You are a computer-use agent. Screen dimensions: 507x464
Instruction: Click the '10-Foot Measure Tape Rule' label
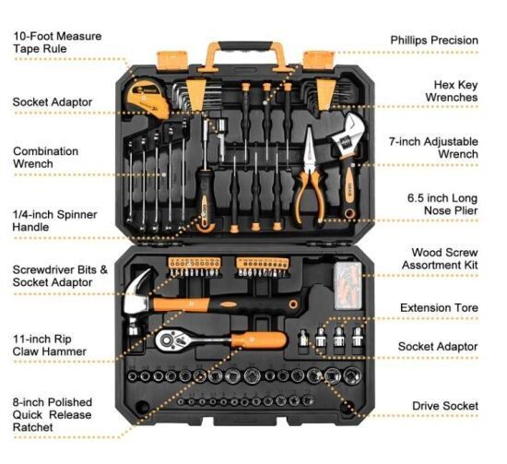pos(57,42)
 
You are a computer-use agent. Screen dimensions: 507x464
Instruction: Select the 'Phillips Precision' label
pos(434,41)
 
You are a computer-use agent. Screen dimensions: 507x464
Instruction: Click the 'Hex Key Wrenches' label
pos(452,91)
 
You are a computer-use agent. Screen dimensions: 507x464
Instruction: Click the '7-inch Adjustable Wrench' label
pos(433,148)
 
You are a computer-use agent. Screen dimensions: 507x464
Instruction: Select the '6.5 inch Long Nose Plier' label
pos(442,204)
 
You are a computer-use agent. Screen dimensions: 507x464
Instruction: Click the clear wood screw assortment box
pos(348,286)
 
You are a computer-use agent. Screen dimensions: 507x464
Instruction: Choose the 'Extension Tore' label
pos(439,308)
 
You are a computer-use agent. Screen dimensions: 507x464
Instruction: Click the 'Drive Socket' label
pos(445,406)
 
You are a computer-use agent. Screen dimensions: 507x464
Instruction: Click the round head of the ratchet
pos(168,339)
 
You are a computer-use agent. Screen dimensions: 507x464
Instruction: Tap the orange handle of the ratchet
pos(259,339)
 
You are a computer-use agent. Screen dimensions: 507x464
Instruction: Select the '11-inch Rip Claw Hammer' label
pos(50,345)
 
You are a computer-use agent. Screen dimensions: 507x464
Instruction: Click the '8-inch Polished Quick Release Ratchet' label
pos(53,414)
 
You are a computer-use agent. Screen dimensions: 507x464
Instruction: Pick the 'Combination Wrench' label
pos(45,157)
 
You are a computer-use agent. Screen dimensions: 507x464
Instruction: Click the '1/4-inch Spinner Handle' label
pos(54,220)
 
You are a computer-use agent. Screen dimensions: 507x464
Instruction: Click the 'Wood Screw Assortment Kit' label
pos(440,258)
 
